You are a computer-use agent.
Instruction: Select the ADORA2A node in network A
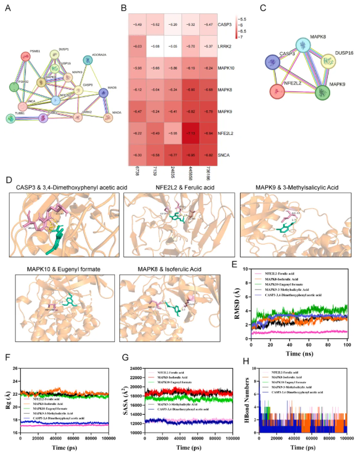pyautogui.click(x=87, y=60)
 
